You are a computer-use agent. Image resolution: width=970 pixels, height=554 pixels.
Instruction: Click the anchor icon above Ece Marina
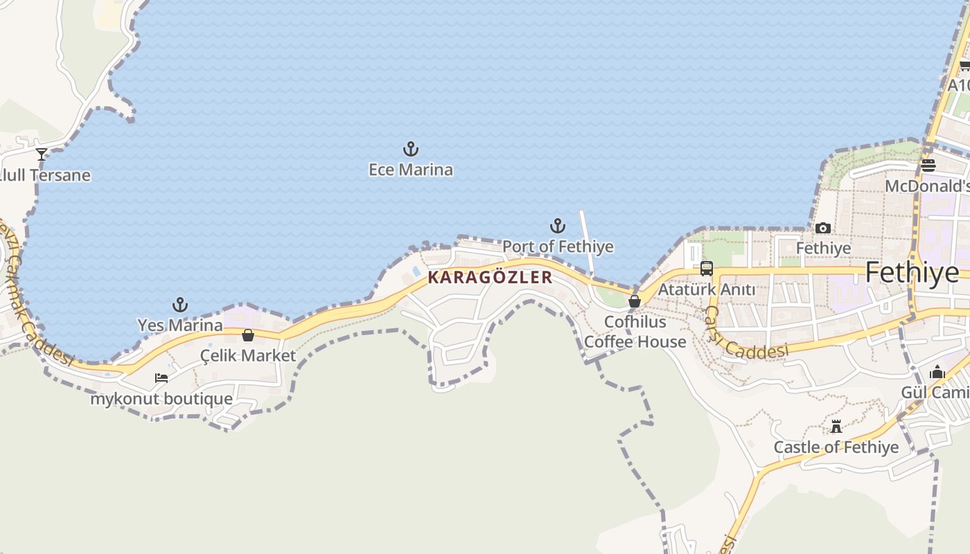coord(411,149)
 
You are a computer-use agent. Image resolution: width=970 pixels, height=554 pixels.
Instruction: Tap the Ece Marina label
coord(411,170)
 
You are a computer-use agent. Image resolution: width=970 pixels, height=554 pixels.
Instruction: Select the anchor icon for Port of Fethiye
coord(558,226)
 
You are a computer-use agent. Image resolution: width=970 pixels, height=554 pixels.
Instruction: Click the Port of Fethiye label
coord(558,247)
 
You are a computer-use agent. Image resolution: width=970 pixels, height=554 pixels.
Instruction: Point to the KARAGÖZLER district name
coord(491,278)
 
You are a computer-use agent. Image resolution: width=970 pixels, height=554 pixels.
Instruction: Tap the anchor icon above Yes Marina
coord(180,305)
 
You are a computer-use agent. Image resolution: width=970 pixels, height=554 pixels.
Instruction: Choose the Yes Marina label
coord(180,325)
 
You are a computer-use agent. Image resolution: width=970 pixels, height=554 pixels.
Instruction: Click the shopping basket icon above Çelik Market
coord(248,336)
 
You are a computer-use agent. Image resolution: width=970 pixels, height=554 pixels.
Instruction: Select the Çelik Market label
coord(248,356)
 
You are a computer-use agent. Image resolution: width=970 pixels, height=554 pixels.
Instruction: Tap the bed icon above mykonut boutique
coord(161,378)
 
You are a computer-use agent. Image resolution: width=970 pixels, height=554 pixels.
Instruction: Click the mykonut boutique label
coord(161,399)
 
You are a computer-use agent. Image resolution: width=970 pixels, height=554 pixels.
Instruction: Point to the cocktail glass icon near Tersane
coord(42,154)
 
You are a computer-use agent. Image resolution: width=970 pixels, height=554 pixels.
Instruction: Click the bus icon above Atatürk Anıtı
coord(707,269)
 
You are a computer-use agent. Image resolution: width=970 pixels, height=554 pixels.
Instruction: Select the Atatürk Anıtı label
coord(707,289)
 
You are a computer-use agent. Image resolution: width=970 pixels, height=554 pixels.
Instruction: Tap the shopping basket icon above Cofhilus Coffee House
coord(635,301)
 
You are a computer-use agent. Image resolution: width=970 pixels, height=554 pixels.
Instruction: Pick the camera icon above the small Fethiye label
coord(823,228)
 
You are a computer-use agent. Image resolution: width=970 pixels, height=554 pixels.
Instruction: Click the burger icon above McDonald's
coord(928,166)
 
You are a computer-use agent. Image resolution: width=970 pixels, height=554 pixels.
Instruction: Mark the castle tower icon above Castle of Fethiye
coord(836,427)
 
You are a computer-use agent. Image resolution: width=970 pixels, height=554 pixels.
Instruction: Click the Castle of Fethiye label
coord(836,447)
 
